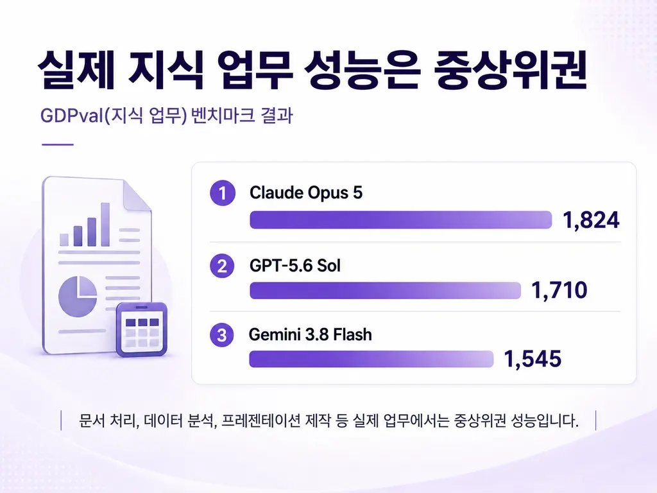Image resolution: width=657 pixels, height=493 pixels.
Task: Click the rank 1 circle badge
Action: (x=223, y=193)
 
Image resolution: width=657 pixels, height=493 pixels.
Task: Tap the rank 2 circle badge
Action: (x=223, y=266)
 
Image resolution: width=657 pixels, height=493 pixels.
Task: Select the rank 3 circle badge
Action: (x=222, y=335)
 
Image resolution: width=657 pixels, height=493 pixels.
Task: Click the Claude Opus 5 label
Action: (x=306, y=193)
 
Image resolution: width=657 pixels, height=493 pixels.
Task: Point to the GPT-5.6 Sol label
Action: (x=295, y=266)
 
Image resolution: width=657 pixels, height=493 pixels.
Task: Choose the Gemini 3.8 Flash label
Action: (x=310, y=334)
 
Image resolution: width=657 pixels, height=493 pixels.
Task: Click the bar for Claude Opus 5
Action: (x=400, y=220)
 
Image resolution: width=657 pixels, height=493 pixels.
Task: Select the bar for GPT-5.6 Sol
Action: (x=385, y=291)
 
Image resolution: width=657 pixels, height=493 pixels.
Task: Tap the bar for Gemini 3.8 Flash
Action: (x=371, y=359)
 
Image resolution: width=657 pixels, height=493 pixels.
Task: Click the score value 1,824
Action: (x=591, y=220)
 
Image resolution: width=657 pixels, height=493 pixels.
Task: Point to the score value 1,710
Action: (x=559, y=290)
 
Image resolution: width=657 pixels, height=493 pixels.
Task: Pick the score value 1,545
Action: (x=532, y=359)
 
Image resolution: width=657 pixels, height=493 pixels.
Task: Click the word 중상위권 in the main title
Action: (x=510, y=70)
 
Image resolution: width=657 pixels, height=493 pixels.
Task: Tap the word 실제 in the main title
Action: (x=76, y=70)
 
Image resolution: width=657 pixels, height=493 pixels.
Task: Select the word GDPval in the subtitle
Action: (x=72, y=116)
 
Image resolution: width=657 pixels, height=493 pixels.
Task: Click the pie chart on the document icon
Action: (x=78, y=296)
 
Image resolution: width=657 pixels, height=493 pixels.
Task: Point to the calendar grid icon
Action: (x=142, y=330)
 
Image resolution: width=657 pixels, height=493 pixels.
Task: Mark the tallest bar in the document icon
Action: (x=105, y=224)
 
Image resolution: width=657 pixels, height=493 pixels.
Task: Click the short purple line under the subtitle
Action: (x=57, y=144)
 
